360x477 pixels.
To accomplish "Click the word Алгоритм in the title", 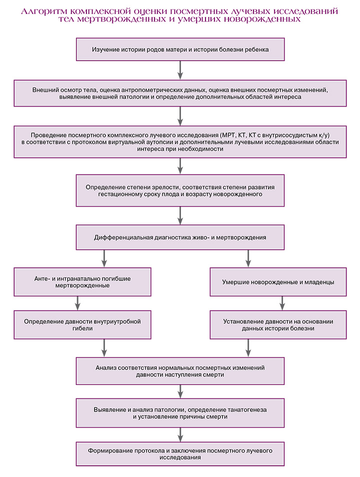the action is [44, 11].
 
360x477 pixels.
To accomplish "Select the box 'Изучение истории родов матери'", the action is [180, 49].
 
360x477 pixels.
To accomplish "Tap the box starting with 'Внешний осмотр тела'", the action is [180, 93].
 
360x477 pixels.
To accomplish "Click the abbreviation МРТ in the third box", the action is [228, 135].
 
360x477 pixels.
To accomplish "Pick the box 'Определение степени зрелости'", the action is [180, 190].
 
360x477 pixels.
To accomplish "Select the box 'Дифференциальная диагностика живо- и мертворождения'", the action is [180, 237].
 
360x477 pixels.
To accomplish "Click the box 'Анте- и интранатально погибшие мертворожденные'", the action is [82, 282].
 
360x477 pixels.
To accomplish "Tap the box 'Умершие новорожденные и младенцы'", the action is [278, 282].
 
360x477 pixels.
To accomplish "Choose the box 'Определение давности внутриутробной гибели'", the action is [82, 325].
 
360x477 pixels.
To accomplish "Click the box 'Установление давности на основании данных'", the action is [278, 325].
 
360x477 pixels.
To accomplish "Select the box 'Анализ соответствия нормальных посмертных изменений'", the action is [180, 371].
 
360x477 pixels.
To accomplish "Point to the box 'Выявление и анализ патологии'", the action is [180, 413].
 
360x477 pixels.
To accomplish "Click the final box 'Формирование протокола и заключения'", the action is [180, 454].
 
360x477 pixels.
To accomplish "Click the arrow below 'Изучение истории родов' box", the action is [180, 70].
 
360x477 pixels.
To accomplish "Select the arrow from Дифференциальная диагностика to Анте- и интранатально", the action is [104, 258].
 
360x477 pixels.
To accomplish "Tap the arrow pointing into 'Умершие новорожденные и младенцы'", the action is [248, 258].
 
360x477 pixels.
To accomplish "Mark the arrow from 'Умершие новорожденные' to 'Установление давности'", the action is [282, 303].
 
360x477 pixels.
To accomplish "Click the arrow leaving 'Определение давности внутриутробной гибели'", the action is [104, 348].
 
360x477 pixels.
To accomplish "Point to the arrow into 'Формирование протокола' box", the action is [180, 434].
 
